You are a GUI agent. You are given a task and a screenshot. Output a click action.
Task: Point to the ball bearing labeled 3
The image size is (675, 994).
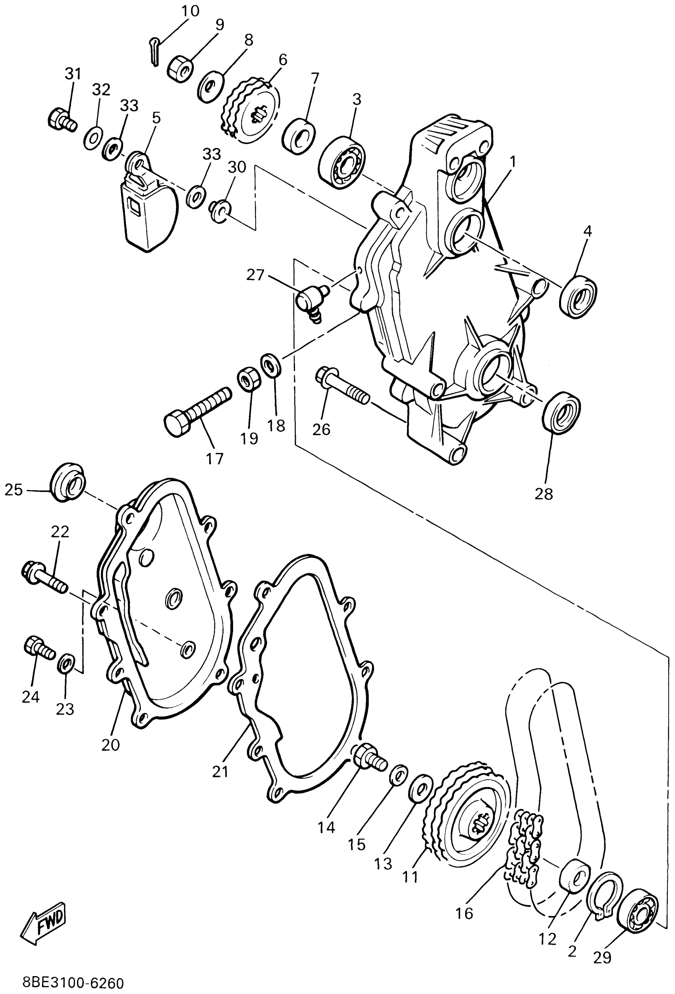tap(341, 162)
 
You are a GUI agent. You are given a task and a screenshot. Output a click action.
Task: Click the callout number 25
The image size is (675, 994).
tap(13, 490)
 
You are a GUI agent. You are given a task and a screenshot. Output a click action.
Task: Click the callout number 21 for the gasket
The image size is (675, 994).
tap(220, 772)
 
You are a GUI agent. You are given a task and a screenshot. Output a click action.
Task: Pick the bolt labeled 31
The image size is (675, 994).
tap(61, 118)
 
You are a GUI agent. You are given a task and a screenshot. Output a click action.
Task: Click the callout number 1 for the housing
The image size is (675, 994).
tap(513, 162)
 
